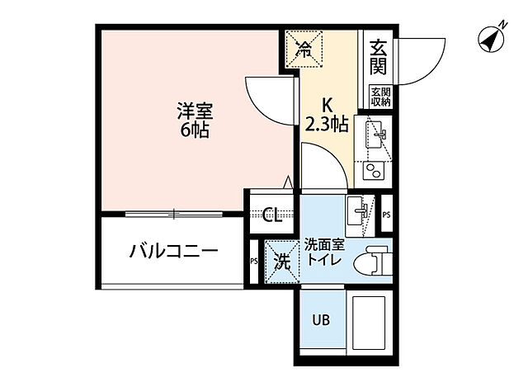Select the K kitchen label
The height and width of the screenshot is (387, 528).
pos(328,106)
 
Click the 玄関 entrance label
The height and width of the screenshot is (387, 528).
pos(379,55)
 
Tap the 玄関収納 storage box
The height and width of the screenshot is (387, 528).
pos(379,96)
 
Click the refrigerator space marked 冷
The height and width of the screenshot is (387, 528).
pos(304,50)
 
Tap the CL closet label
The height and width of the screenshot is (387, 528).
pos(272,216)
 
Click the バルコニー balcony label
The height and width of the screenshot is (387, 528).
pos(173,251)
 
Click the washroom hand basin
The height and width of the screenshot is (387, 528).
pos(360,210)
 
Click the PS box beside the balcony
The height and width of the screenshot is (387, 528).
pos(253,263)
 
